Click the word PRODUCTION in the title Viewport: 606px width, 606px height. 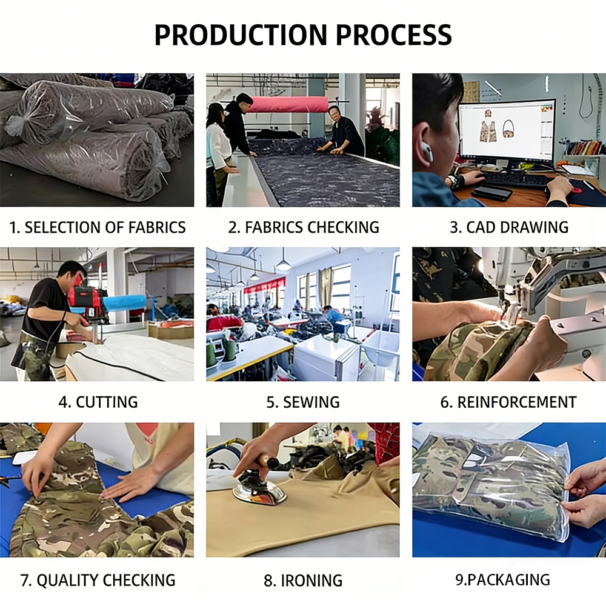point(241,35)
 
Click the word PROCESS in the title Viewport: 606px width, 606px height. point(393,35)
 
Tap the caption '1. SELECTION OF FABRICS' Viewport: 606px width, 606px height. point(98,227)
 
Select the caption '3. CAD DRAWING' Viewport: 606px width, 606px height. point(509,227)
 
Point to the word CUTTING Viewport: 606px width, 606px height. point(107,402)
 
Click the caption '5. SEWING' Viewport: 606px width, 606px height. point(303,402)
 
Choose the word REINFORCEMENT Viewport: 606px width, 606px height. point(517,402)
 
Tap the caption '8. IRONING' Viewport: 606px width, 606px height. point(303,581)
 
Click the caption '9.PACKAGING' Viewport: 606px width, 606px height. point(502,580)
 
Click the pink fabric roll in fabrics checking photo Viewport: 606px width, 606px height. point(288,104)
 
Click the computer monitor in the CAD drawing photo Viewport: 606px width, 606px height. point(507,130)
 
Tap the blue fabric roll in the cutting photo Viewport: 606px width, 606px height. point(124,302)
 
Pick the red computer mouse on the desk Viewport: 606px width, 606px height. point(577,190)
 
